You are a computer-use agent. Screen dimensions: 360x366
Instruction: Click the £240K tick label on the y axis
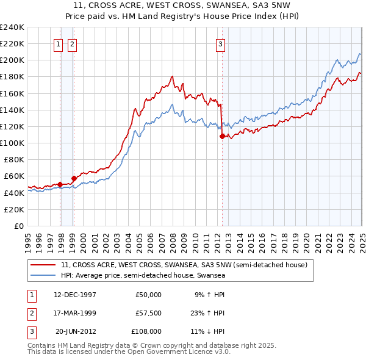coord(13,27)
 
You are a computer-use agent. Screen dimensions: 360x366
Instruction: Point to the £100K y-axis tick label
coord(13,143)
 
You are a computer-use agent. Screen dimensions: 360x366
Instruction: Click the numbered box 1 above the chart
coord(58,43)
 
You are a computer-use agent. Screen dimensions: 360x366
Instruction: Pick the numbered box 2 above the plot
coord(72,43)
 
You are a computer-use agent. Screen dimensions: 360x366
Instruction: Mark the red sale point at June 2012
coord(222,137)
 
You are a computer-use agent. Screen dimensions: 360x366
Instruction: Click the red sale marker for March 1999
coord(74,178)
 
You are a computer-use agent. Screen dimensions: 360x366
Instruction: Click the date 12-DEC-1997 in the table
coord(75,294)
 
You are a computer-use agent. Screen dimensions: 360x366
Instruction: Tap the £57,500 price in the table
coord(148,313)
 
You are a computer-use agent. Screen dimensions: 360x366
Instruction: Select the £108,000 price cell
coord(147,331)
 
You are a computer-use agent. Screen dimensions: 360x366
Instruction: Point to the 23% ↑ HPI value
coord(210,313)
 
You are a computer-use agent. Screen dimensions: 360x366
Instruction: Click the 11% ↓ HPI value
coord(210,331)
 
